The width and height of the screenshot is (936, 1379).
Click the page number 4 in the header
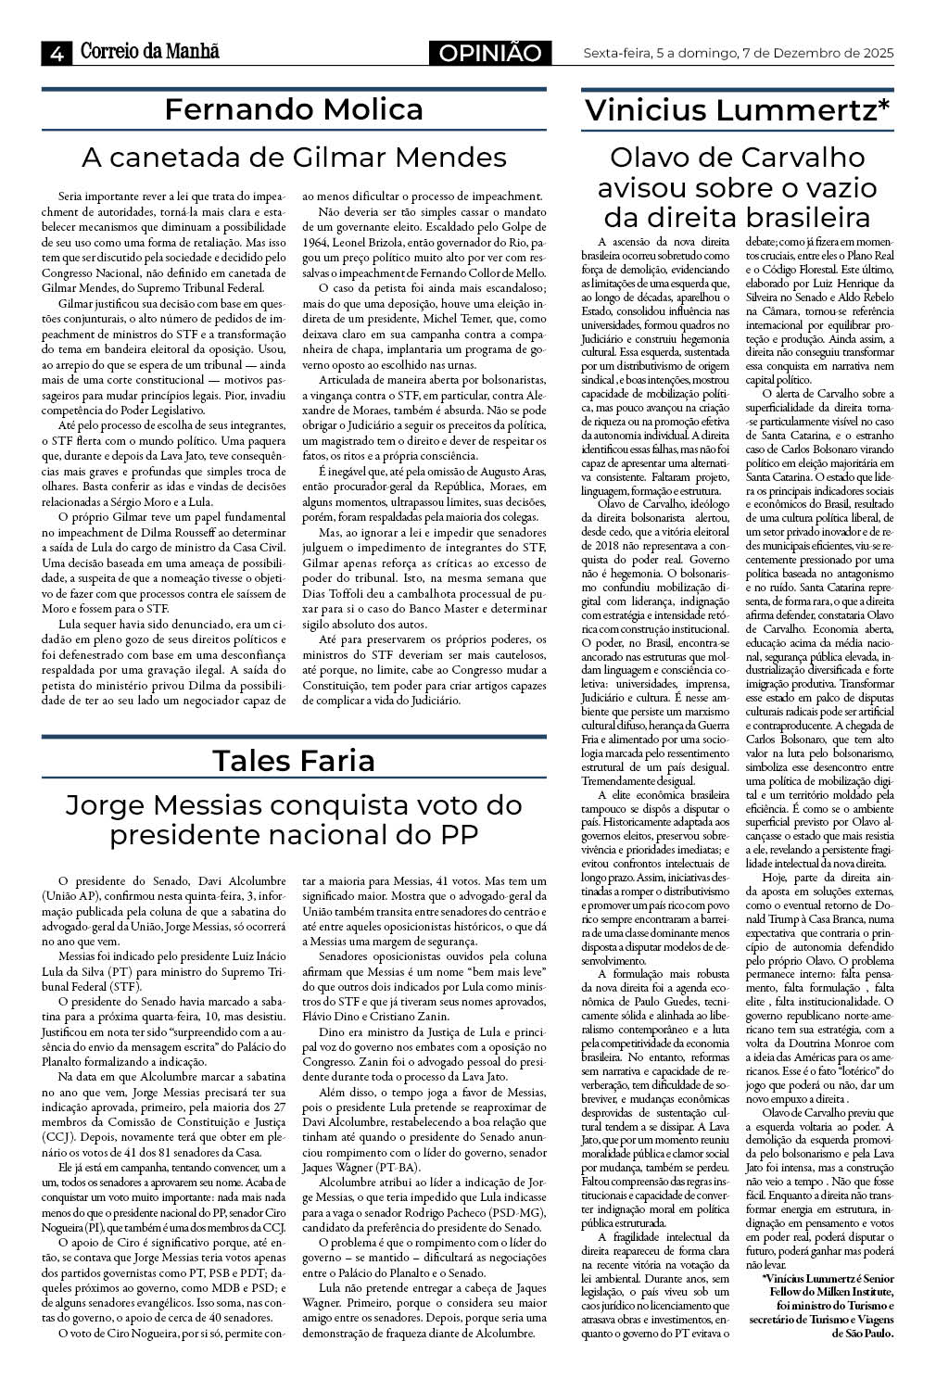[x=56, y=53]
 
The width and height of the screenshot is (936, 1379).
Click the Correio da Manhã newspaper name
[x=149, y=52]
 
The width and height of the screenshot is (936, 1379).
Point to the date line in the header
[x=738, y=53]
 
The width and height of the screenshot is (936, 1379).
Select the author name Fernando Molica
[x=293, y=109]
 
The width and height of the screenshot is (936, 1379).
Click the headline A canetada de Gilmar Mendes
[x=293, y=157]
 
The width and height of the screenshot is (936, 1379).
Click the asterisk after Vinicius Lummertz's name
[x=884, y=107]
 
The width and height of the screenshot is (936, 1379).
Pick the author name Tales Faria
[x=293, y=760]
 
